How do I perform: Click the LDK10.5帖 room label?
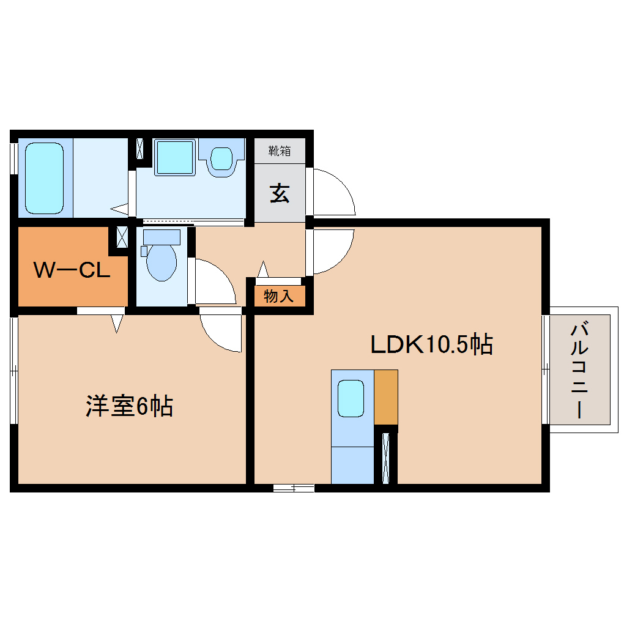pos(432,345)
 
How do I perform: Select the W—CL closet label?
pos(71,270)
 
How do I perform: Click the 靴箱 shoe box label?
pos(280,150)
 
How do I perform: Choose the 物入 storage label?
pos(279,297)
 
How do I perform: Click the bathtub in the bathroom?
pos(45,177)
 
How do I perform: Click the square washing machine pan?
pos(174,157)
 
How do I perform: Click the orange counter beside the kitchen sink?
pos(385,397)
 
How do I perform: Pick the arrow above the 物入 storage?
pos(263,269)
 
